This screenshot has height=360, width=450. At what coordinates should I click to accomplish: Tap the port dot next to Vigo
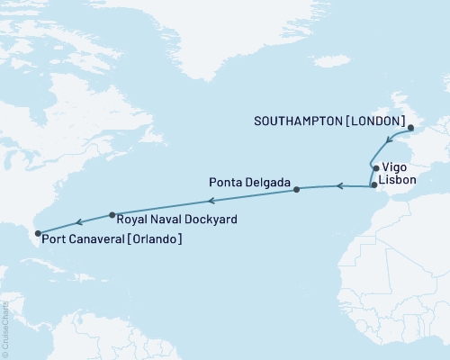click(x=374, y=168)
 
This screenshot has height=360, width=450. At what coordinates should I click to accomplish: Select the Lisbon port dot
click(x=374, y=184)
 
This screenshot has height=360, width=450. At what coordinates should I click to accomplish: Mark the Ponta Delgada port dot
click(x=296, y=190)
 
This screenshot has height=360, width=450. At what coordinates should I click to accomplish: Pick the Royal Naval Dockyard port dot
click(x=112, y=215)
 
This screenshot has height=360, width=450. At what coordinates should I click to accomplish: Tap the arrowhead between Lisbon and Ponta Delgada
click(x=340, y=186)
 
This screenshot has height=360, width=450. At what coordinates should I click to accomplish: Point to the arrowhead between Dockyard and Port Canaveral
click(x=79, y=221)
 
